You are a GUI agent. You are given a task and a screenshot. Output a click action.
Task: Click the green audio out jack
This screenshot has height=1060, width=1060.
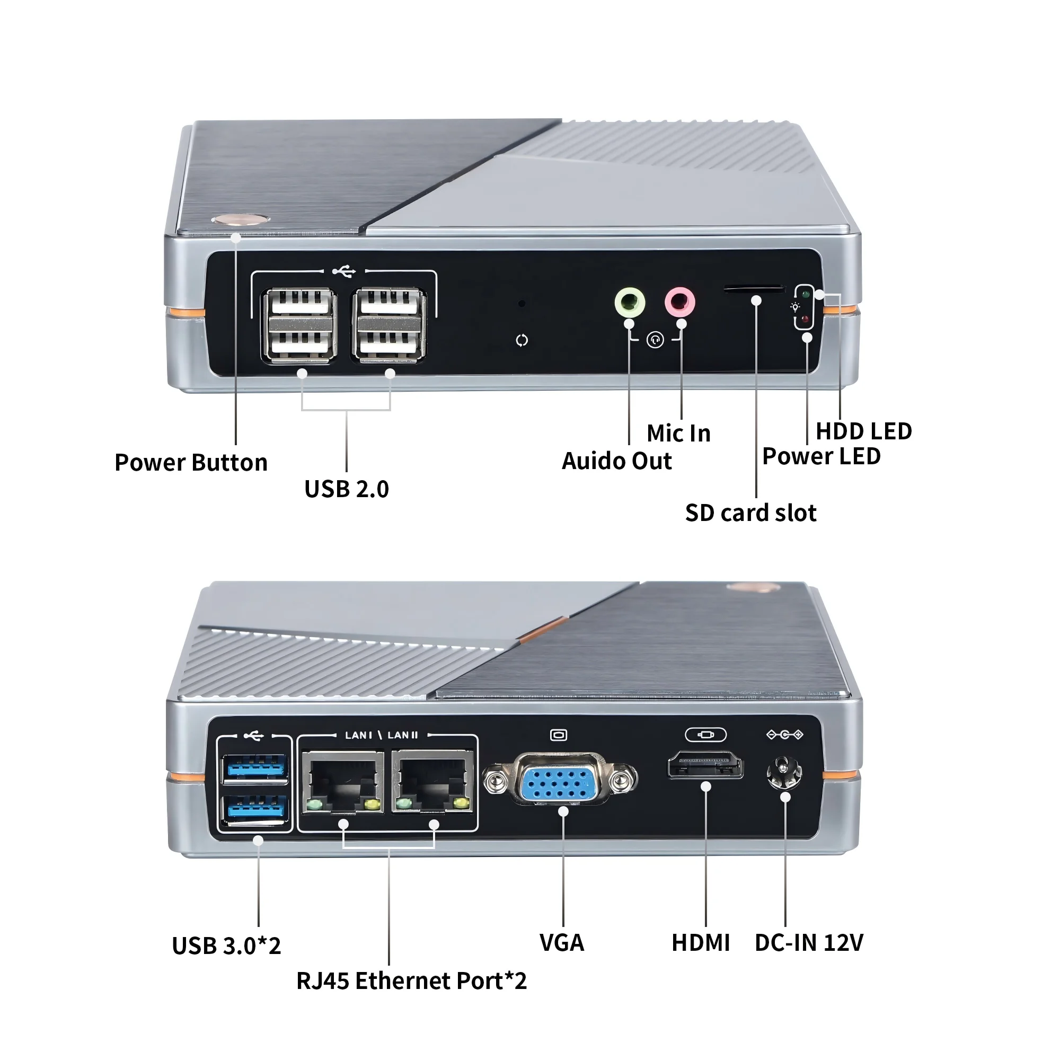(629, 302)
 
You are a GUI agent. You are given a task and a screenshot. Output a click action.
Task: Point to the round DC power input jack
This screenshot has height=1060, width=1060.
(784, 773)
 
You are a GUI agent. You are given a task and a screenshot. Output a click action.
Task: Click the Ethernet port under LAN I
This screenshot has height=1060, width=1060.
(342, 782)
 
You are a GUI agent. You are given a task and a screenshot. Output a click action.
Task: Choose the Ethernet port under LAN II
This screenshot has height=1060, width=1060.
(432, 782)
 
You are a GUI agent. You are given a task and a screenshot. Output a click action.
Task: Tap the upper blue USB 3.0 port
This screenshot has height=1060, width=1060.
(255, 767)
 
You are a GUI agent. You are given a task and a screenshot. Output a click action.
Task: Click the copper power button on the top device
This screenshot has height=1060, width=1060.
(240, 219)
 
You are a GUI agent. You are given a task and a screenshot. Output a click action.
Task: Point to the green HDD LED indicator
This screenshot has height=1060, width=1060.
(805, 294)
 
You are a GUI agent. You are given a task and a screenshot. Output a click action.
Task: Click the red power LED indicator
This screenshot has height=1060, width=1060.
(805, 319)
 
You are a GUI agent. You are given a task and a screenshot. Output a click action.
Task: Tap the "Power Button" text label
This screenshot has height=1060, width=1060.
(191, 463)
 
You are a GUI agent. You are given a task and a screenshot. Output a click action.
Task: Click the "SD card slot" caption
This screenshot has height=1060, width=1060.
(750, 513)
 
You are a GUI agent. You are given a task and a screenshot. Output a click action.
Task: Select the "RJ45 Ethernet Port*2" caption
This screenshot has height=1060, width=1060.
(411, 981)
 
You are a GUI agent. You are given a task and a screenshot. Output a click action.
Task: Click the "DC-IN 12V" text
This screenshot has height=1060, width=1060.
(808, 942)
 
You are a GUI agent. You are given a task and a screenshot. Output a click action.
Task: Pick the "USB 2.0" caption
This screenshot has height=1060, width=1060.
(346, 489)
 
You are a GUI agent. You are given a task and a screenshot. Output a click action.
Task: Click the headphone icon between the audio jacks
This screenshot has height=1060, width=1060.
(655, 340)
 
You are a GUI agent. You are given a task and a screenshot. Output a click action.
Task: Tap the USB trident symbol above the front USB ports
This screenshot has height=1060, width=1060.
(344, 271)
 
